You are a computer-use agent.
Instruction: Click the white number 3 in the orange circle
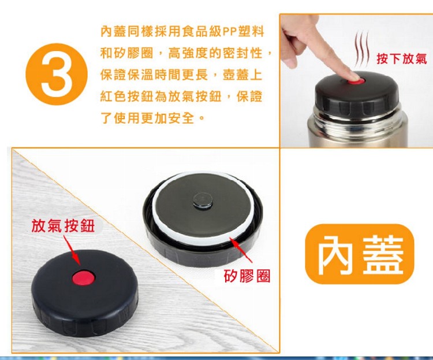[x=57, y=75]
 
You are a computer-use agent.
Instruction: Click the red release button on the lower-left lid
[x=83, y=278]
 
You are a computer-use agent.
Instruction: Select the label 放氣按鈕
[x=64, y=226]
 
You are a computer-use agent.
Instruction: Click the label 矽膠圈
[x=247, y=276]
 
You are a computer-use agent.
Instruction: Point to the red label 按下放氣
[x=401, y=58]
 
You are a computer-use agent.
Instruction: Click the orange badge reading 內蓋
[x=360, y=254]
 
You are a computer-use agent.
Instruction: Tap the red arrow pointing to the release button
[x=71, y=251]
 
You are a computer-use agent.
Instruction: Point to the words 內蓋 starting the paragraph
[x=113, y=32]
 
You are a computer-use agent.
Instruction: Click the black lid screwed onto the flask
[x=357, y=95]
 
